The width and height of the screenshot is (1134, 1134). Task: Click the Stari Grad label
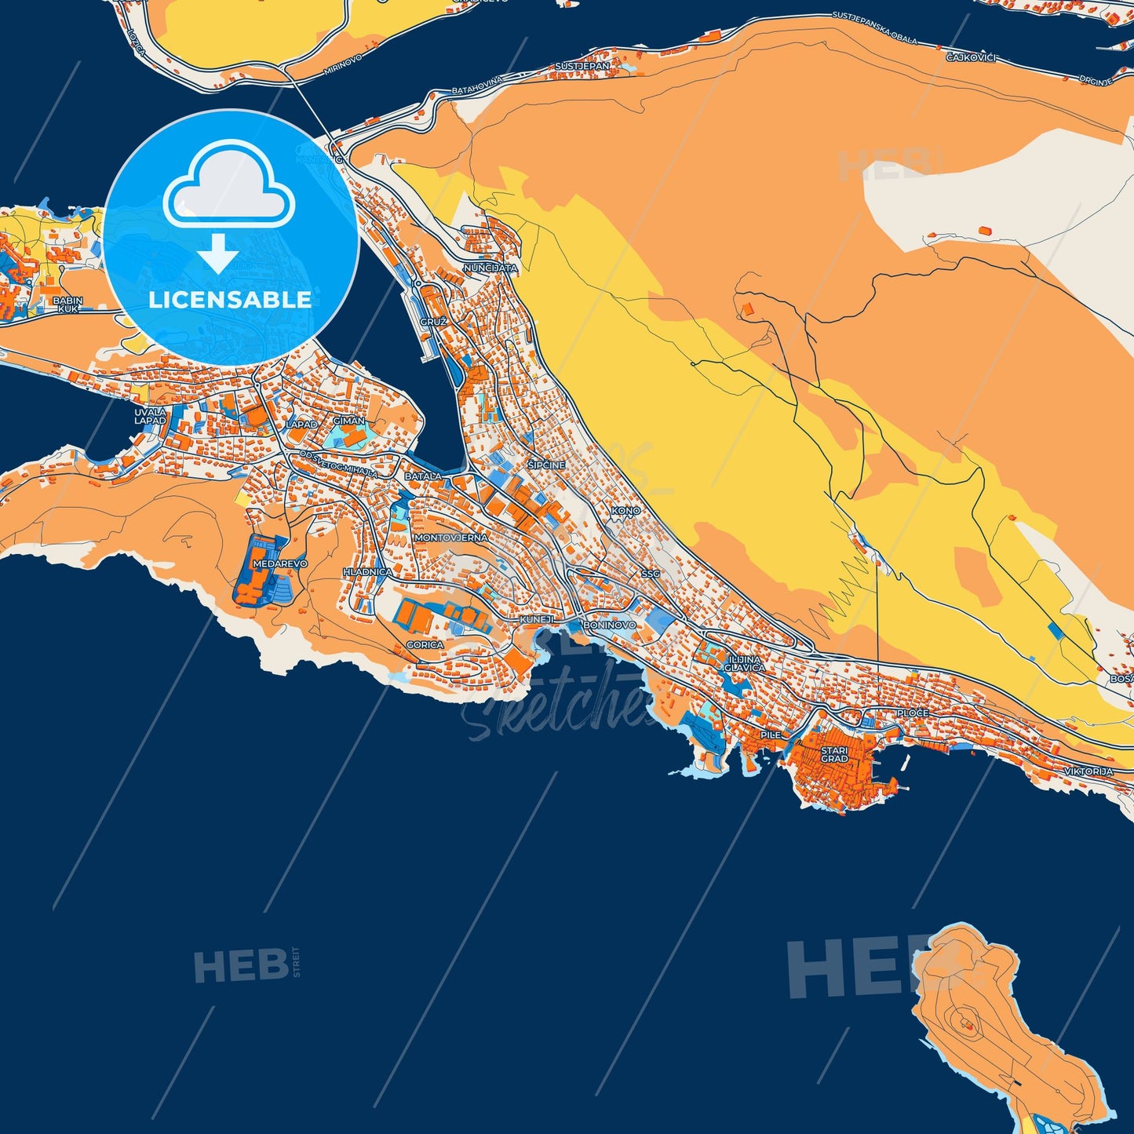[834, 755]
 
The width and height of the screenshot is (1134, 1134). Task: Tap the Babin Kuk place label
[67, 304]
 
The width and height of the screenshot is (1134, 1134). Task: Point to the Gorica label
[425, 644]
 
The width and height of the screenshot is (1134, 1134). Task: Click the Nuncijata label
[490, 268]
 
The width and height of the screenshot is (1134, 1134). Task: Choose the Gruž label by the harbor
[433, 323]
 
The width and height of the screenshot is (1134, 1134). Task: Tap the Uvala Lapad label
[150, 416]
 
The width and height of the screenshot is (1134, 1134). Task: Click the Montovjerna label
[450, 538]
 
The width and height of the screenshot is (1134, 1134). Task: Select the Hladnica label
[367, 572]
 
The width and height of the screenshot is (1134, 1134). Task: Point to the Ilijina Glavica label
[744, 664]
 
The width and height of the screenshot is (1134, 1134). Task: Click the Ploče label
[913, 713]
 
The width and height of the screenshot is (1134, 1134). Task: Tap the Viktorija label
[1088, 772]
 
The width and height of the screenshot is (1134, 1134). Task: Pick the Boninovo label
[610, 625]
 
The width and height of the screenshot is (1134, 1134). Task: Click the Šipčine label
[546, 465]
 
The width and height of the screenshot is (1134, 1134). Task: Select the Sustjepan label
[582, 67]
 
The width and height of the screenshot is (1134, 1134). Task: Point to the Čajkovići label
[970, 57]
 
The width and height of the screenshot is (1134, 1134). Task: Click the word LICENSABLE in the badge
[230, 299]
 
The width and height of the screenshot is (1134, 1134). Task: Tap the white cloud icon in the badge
[228, 185]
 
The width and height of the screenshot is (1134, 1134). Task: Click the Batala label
[423, 476]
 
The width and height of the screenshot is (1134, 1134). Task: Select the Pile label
[771, 735]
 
